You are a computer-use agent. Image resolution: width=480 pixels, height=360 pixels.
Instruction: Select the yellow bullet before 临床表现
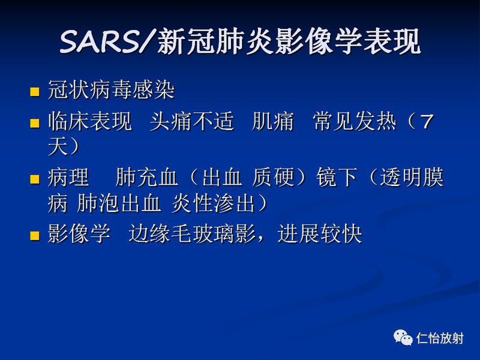(x=35, y=124)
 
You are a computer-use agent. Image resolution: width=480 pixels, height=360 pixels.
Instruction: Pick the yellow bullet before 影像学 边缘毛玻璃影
(x=35, y=236)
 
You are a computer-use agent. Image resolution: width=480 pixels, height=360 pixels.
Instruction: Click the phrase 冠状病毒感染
(x=111, y=92)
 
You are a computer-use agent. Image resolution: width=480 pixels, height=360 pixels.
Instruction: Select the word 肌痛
(x=273, y=123)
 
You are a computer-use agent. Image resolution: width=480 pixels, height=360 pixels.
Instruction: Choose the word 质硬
(x=274, y=178)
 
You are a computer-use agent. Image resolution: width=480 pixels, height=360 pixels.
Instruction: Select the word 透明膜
(x=412, y=178)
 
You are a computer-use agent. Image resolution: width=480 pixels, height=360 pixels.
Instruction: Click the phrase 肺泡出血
(x=119, y=204)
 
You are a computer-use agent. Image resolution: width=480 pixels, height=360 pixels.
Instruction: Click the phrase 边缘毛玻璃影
(x=192, y=235)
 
